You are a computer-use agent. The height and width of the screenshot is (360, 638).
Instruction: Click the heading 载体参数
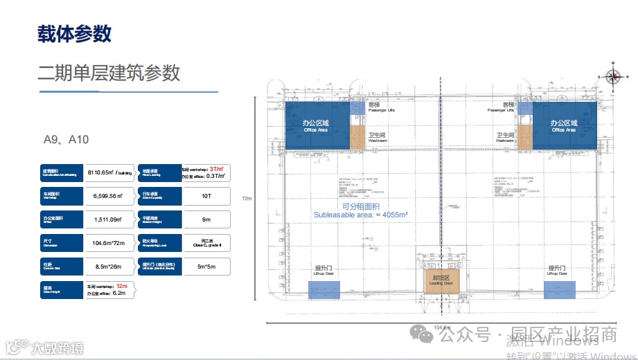[74, 33]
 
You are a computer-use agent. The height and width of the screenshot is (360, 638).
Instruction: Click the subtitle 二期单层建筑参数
[109, 73]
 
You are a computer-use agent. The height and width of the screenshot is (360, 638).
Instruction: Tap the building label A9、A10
[66, 140]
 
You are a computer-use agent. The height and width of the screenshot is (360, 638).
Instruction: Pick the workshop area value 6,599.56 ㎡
[103, 196]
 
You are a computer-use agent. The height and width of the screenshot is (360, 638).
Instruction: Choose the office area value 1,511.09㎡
[103, 219]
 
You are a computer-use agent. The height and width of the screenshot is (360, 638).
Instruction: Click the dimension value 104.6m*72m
[103, 243]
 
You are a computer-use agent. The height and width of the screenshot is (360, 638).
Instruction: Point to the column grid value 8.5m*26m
[103, 266]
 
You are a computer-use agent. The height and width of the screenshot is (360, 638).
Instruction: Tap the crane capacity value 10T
[206, 196]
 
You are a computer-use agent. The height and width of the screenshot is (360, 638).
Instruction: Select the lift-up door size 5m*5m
[206, 266]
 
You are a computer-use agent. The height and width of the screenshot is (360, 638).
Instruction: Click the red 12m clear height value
[122, 285]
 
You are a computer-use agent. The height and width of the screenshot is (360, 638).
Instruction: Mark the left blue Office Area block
[317, 125]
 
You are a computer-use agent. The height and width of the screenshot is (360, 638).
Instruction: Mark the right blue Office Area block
[563, 125]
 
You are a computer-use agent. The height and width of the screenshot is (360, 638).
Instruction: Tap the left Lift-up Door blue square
[322, 290]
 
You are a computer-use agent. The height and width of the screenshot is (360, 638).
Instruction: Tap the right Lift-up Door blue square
[559, 290]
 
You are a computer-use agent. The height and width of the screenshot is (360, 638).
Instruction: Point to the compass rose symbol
[612, 77]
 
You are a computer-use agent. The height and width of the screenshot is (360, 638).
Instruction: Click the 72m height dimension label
[246, 199]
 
